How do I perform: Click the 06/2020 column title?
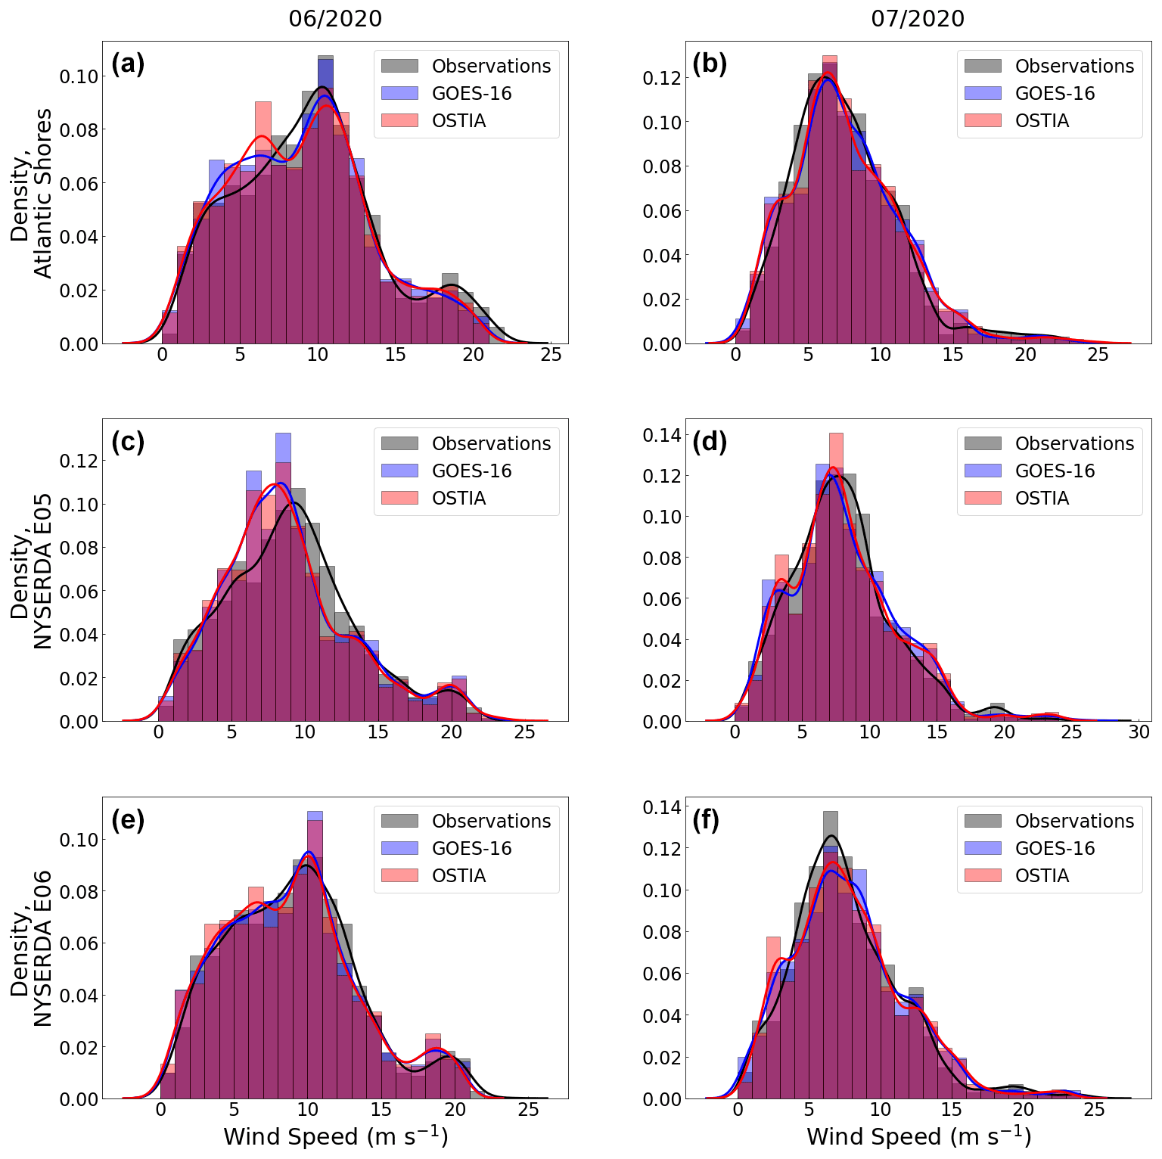[x=335, y=18]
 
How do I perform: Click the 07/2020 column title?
[x=918, y=18]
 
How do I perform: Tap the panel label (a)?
[x=128, y=64]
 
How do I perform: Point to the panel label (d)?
[x=710, y=441]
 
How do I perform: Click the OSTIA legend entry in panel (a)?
[x=458, y=120]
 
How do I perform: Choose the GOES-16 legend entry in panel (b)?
[x=1055, y=93]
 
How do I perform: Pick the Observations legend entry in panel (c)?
[x=491, y=443]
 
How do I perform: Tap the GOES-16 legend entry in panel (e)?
[x=471, y=848]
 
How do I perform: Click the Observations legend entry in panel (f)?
[x=1074, y=821]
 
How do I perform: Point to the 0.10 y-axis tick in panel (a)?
[x=79, y=76]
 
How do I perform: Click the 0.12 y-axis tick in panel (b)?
[x=662, y=78]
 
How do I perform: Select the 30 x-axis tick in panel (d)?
[x=1139, y=732]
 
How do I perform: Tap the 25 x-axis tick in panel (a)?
[x=551, y=355]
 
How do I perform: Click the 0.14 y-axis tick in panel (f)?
[x=662, y=807]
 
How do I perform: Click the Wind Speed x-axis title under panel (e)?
[x=335, y=1136]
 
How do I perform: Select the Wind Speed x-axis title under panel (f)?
[x=918, y=1136]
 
